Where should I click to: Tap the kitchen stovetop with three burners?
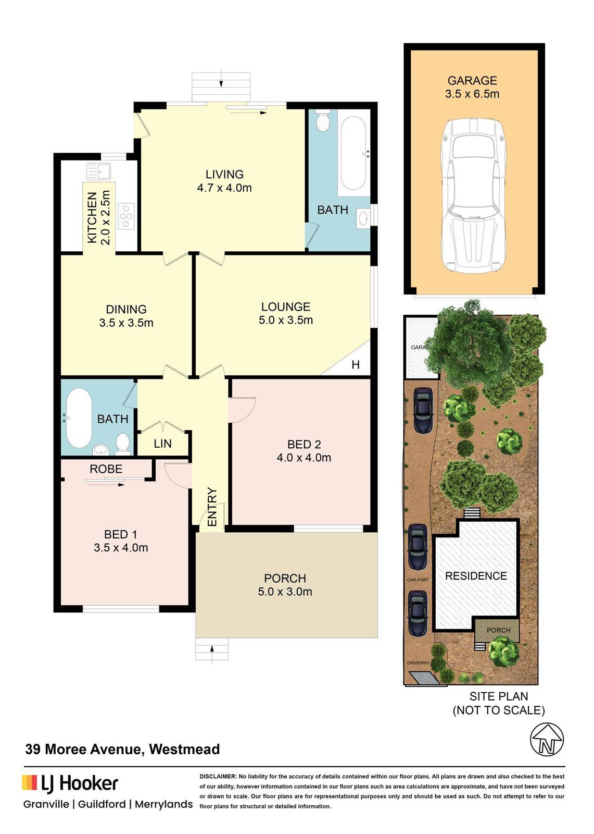[x=125, y=216]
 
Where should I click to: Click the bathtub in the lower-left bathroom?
[x=79, y=418]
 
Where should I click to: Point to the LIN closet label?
[x=162, y=444]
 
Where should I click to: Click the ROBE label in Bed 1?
[x=106, y=469]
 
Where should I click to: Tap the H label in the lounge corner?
[x=355, y=364]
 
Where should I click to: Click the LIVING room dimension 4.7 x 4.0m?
[x=224, y=188]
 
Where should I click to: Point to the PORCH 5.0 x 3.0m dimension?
[x=285, y=591]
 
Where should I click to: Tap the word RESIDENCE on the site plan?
[x=475, y=576]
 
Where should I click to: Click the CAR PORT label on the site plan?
[x=418, y=580]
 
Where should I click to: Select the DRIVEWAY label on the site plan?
[x=418, y=663]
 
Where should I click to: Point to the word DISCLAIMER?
[x=217, y=777]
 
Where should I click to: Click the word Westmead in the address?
[x=184, y=749]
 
